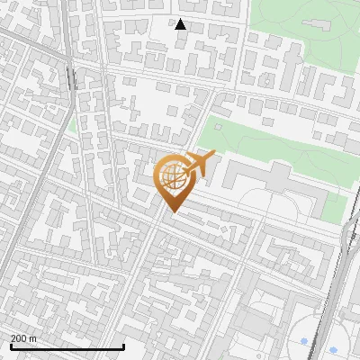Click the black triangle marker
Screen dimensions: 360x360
click(181, 24)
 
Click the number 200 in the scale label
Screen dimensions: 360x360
click(20, 338)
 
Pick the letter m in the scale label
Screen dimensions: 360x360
click(34, 338)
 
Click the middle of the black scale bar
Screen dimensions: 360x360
click(67, 346)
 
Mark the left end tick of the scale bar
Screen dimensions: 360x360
click(11, 346)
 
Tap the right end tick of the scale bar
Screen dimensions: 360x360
click(122, 346)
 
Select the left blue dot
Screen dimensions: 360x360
click(304, 340)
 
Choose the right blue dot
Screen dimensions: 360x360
click(333, 349)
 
